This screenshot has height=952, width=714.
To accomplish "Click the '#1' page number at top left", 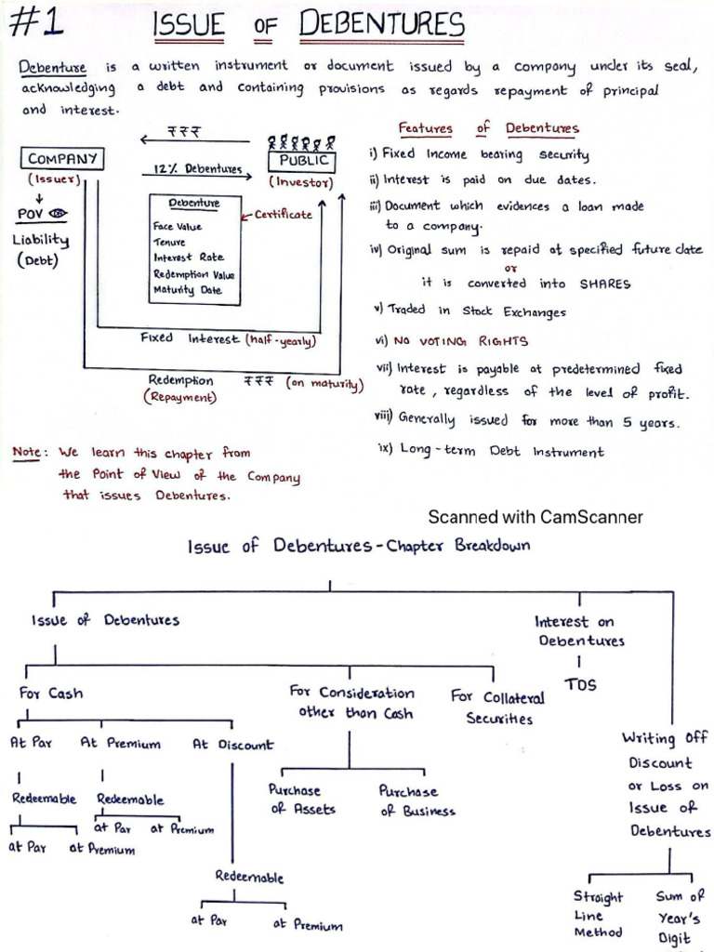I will tap(36, 23).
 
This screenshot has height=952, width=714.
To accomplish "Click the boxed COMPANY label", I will tap(63, 159).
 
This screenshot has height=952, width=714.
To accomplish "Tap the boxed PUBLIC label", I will tap(305, 160).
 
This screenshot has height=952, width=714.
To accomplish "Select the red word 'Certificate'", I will tap(284, 215).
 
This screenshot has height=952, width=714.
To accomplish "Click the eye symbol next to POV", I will tap(60, 214).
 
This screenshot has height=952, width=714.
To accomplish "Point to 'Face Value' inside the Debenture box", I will tap(178, 226).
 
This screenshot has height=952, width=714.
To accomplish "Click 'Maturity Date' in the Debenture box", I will tap(188, 290).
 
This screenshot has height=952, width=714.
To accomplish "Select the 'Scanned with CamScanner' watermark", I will tap(535, 517).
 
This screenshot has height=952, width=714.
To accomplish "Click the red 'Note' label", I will tap(31, 453).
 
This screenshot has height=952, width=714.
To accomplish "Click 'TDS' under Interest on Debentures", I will tap(580, 685).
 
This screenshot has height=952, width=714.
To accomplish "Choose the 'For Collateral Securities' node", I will tap(498, 707).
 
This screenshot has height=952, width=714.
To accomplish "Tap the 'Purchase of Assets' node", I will tap(301, 800).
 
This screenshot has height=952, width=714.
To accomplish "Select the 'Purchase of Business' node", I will tap(416, 800).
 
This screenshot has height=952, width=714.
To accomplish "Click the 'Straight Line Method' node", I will tap(598, 914).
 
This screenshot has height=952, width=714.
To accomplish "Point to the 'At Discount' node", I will tap(232, 745).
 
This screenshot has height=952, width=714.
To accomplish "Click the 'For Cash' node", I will tap(51, 694).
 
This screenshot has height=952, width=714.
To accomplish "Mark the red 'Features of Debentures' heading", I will tap(488, 129).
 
